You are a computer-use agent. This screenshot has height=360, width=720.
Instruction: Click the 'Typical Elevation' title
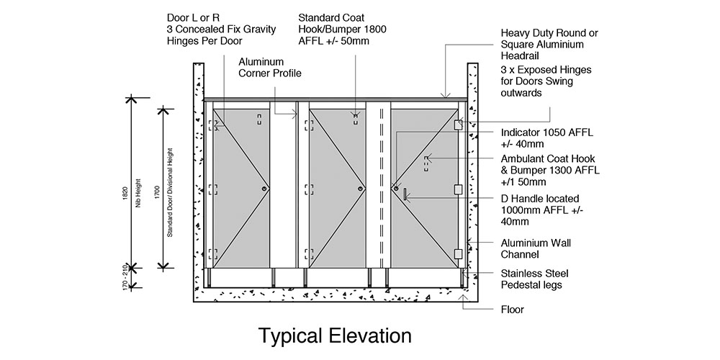[x=335, y=336]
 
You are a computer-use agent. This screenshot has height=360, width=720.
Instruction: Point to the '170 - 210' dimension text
[x=125, y=276]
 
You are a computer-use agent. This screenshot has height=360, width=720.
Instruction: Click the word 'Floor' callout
[x=512, y=310]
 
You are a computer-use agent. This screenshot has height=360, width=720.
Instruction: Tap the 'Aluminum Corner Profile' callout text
[x=270, y=68]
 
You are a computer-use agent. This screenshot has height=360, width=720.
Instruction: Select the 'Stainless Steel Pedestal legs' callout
[x=531, y=279]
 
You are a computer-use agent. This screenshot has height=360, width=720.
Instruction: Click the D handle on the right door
[x=405, y=194]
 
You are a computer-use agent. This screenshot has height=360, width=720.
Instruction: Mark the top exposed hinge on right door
[x=457, y=125]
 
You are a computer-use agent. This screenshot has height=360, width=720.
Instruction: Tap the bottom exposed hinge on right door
[x=457, y=253]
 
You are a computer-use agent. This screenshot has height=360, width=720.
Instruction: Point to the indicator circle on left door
[x=265, y=189]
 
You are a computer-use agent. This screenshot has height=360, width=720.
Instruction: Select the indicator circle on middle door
[x=360, y=189]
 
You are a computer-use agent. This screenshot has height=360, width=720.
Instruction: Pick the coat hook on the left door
[x=258, y=119]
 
